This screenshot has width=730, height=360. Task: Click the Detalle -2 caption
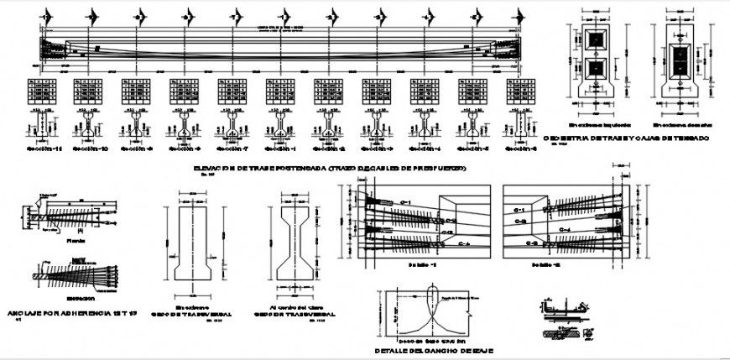(547, 263)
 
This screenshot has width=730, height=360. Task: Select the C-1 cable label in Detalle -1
(406, 202)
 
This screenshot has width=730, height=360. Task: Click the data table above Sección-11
(41, 90)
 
